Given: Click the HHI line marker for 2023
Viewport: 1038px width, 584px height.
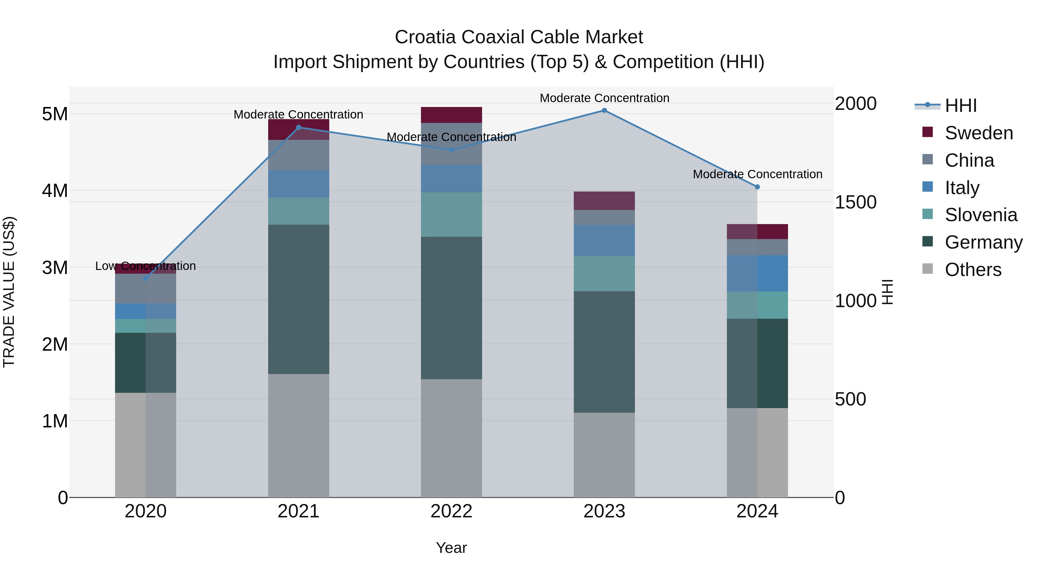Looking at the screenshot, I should pos(604,110).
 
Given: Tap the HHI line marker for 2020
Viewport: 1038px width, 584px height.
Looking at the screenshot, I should pos(146,278).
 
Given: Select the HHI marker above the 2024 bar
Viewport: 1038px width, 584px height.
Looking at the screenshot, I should pos(757,187).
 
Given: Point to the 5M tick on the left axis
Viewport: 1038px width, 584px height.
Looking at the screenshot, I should pos(55,114).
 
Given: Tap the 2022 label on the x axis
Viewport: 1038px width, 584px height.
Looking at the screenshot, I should pos(451,511).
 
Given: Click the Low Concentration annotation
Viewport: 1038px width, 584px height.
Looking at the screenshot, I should pos(146,266).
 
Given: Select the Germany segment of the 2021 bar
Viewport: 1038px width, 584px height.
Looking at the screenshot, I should pos(299,299).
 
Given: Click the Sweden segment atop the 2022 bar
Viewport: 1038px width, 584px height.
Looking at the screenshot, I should pos(451,115).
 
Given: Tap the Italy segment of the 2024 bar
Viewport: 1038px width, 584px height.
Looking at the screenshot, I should pos(757,273).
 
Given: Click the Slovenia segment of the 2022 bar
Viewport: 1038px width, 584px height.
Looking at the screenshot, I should pos(451,214).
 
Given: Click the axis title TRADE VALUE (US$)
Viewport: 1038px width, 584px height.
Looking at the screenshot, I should pos(9,292).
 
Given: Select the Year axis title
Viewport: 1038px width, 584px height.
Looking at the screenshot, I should pos(451,548).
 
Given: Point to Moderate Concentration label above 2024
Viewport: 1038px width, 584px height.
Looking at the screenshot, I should pos(757,174).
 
